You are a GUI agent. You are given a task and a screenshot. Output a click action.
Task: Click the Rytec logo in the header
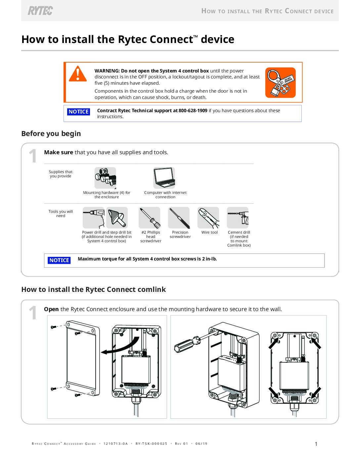coord(40,11)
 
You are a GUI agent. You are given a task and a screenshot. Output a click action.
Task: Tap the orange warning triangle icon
coord(78,74)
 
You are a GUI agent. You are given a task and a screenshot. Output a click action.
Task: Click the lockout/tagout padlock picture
coord(280,82)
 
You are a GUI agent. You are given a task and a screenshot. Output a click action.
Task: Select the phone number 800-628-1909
coord(193,111)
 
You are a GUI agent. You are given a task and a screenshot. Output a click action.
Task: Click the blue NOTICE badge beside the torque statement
coord(59,260)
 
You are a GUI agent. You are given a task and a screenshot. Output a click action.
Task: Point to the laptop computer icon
coord(164,178)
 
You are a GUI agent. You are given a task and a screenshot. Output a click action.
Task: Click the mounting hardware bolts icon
coord(105,178)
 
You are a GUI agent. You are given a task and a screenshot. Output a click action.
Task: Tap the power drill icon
coord(94,217)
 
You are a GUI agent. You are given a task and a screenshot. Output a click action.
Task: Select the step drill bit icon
coord(117,217)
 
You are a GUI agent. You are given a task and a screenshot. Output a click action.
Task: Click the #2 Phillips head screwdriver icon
coord(150,217)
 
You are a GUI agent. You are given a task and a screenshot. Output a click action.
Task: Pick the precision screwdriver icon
coord(179,217)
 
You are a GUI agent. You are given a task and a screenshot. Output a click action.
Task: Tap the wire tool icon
coord(208,217)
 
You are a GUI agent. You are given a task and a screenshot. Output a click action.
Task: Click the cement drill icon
coord(238,217)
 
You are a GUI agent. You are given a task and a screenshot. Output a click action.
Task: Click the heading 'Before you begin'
coord(51,134)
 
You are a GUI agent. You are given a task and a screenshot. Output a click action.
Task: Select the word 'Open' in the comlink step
coord(51,309)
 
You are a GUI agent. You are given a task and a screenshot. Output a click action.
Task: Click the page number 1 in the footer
coord(316,444)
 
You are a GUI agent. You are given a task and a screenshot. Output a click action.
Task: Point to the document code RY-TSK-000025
coord(151,444)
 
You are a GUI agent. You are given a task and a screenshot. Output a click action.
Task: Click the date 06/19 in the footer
coord(201,444)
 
